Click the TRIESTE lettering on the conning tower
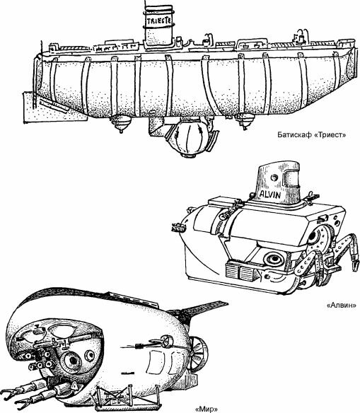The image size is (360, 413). tap(159, 21)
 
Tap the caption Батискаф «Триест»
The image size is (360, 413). tap(312, 135)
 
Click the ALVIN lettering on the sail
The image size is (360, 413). tap(270, 194)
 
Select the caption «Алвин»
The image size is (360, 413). tap(342, 306)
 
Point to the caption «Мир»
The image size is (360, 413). tap(207, 409)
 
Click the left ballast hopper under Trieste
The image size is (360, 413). tap(120, 123)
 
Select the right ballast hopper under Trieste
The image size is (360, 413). tap(245, 121)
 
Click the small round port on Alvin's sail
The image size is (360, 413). tap(274, 178)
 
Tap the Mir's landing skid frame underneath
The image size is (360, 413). tap(128, 397)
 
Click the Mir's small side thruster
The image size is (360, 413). tap(165, 341)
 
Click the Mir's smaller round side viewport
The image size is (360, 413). tap(90, 356)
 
